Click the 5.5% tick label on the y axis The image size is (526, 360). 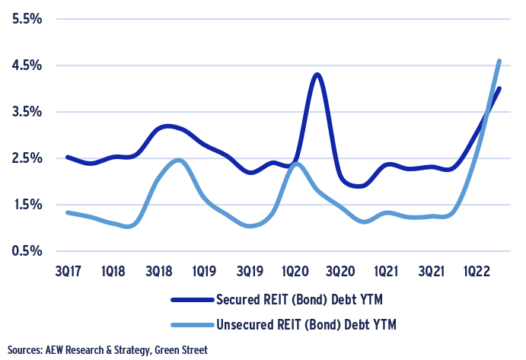point(24,18)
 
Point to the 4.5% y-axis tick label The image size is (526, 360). point(24,65)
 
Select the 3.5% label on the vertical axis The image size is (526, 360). point(24,112)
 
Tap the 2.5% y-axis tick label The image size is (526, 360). point(24,158)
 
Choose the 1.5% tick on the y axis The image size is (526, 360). point(24,205)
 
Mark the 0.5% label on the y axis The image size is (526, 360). point(24,251)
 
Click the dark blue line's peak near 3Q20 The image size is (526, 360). point(317,75)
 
